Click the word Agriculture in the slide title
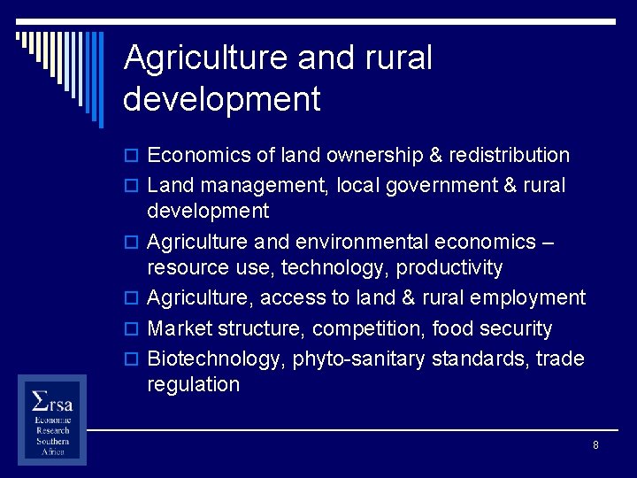coord(206,58)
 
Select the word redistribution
coord(509,156)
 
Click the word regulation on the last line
coord(194,385)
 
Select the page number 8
coord(595,445)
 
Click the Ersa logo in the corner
coord(52,419)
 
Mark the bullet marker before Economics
coord(134,157)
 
